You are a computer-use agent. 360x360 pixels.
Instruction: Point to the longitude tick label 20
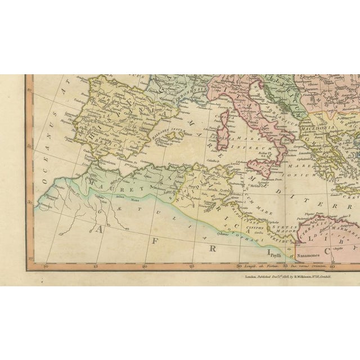tap(145, 260)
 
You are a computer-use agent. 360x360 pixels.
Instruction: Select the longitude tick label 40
tap(332, 260)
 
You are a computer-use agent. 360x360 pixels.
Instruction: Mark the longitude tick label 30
tap(238, 260)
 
